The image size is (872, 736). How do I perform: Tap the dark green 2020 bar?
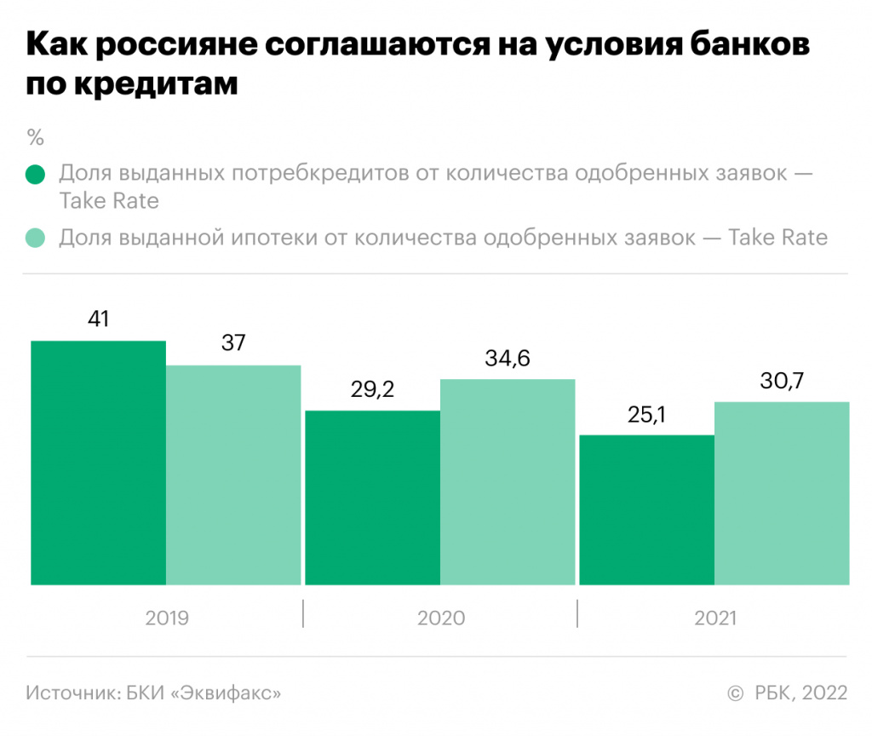click(x=372, y=497)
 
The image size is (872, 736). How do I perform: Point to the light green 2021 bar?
click(x=782, y=493)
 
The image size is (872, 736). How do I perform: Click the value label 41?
click(x=99, y=319)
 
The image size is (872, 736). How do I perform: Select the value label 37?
click(x=233, y=343)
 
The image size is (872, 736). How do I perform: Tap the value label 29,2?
click(x=372, y=389)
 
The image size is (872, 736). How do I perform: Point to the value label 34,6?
click(x=508, y=358)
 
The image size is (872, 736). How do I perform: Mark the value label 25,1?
click(x=646, y=414)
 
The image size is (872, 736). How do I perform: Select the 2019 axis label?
click(x=167, y=618)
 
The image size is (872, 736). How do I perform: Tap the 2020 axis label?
click(x=441, y=618)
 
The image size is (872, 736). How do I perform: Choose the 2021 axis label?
click(x=715, y=618)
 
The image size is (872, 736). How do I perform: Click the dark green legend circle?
click(x=36, y=175)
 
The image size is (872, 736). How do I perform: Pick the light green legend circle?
click(x=36, y=238)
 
